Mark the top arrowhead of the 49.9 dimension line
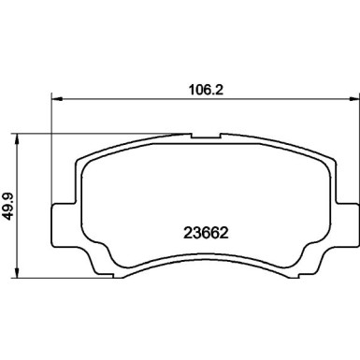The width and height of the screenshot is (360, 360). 21,137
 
